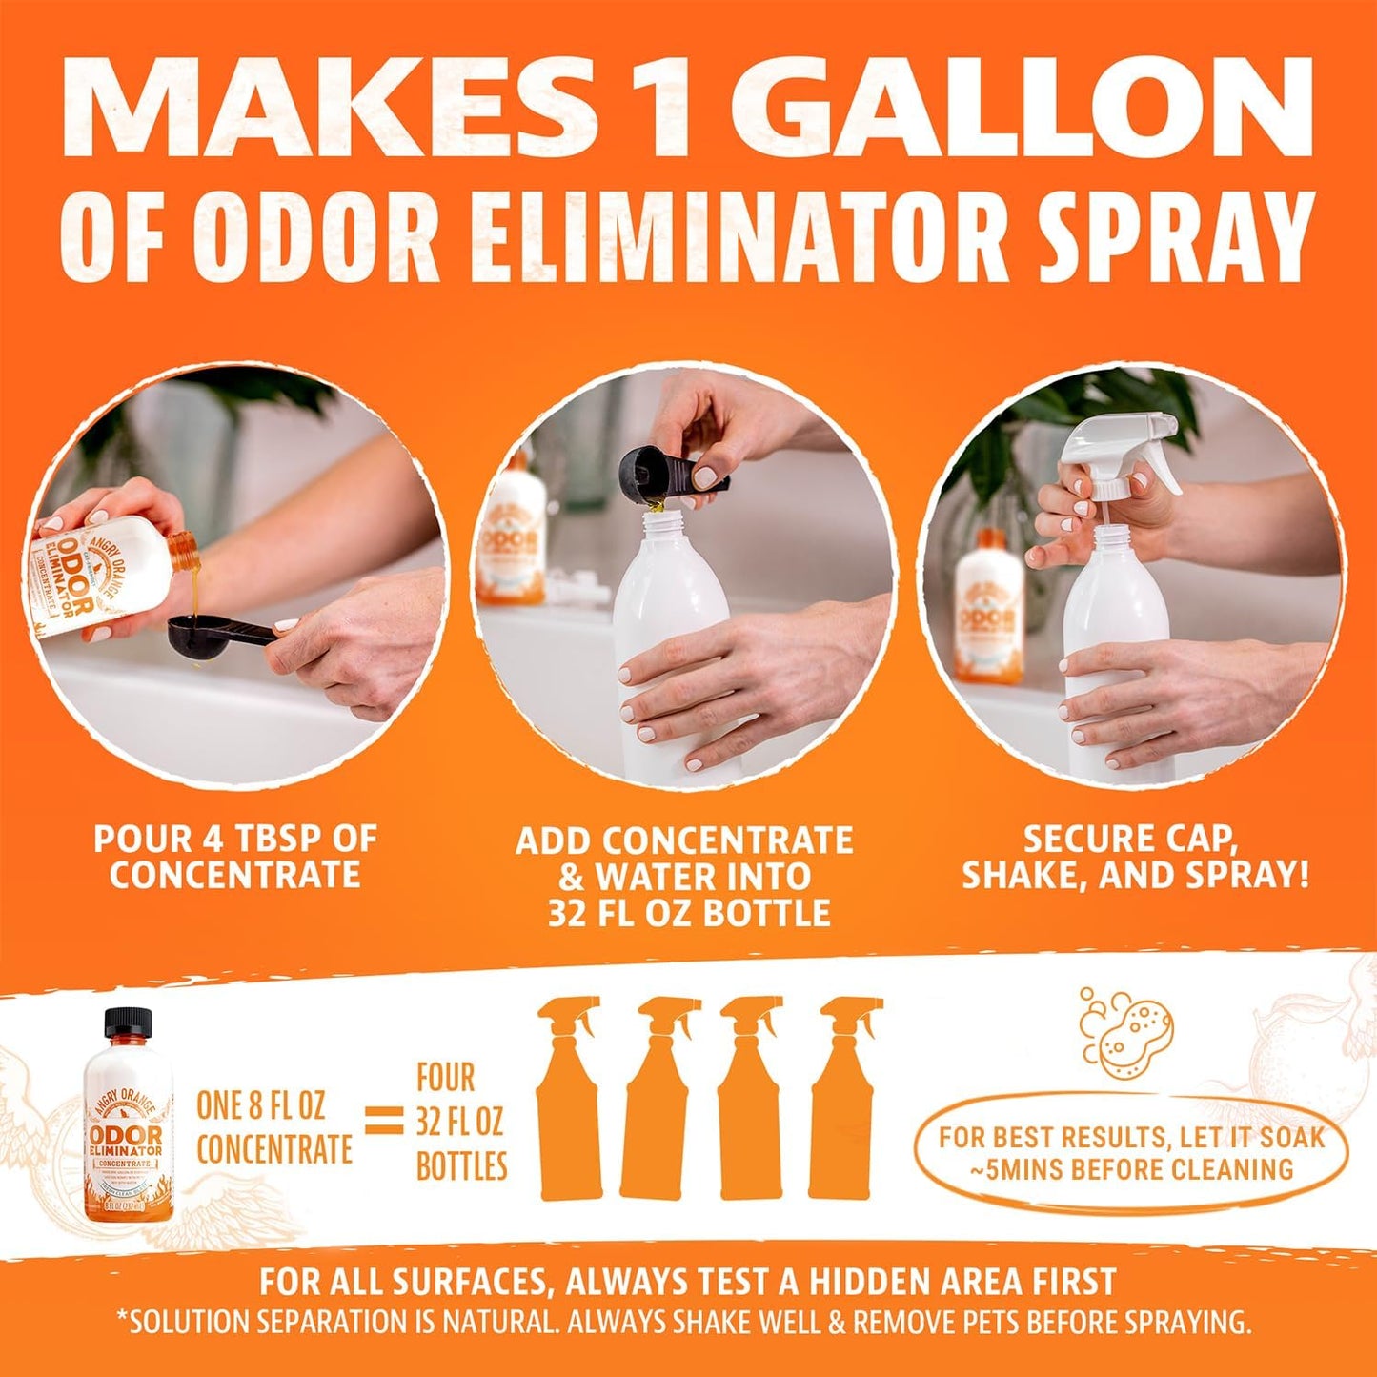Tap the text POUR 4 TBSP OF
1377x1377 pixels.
234,839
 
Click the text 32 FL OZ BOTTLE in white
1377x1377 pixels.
688,913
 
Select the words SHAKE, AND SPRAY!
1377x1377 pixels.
1134,876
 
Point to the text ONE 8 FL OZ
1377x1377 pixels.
260,1105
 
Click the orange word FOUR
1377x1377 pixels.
445,1078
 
